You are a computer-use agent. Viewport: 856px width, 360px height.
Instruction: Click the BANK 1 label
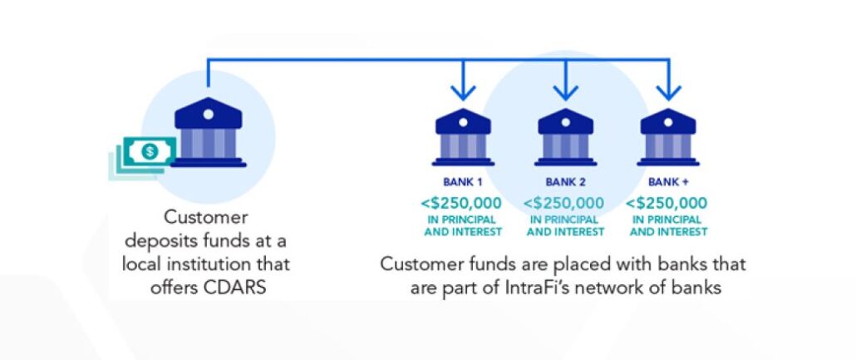463,181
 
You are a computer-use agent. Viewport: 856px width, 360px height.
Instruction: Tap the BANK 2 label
565,181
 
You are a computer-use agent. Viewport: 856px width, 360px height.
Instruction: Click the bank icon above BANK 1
463,138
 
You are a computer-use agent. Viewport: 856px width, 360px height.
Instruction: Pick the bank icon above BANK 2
565,138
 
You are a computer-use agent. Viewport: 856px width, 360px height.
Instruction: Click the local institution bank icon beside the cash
209,132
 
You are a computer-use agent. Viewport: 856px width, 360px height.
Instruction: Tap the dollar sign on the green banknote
149,151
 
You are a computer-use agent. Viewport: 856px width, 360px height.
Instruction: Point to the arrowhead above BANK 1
463,91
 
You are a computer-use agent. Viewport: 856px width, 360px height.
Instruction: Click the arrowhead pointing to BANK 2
565,91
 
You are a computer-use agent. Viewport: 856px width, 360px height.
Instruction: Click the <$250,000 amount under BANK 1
463,202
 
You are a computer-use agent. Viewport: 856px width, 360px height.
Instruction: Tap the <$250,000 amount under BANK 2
565,202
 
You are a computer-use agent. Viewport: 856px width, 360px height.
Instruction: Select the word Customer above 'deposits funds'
206,218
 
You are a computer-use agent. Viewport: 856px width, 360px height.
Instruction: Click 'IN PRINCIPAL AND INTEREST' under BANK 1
463,225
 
